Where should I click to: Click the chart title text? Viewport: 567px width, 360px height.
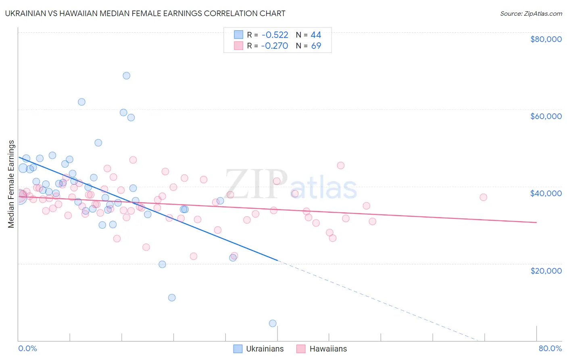tap(146, 14)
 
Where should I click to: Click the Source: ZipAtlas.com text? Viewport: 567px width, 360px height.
tap(531, 14)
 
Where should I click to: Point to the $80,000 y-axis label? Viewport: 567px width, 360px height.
tap(546, 39)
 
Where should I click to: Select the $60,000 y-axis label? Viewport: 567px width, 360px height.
tap(546, 116)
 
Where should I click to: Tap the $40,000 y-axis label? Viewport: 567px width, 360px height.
tap(546, 193)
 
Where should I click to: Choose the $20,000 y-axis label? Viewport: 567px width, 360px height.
tap(546, 270)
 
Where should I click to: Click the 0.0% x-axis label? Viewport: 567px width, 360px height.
tap(27, 348)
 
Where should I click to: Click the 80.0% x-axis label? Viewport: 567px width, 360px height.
tap(550, 348)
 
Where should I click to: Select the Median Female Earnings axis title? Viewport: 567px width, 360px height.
tap(11, 184)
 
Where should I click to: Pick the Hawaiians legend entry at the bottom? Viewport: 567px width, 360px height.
tap(322, 349)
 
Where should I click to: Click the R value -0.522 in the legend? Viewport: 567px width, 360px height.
tap(275, 35)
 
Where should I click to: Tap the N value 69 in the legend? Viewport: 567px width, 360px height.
tap(316, 46)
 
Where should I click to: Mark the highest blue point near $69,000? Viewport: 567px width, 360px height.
tap(127, 75)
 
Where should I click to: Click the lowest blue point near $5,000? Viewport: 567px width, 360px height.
tap(273, 323)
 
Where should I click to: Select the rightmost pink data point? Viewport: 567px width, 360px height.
tap(483, 197)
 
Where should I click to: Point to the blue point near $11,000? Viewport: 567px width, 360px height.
tap(172, 298)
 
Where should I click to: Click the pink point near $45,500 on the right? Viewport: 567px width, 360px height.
tap(341, 165)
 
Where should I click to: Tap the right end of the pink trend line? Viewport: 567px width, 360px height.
tap(536, 222)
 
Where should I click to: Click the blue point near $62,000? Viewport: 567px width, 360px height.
tap(81, 102)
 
